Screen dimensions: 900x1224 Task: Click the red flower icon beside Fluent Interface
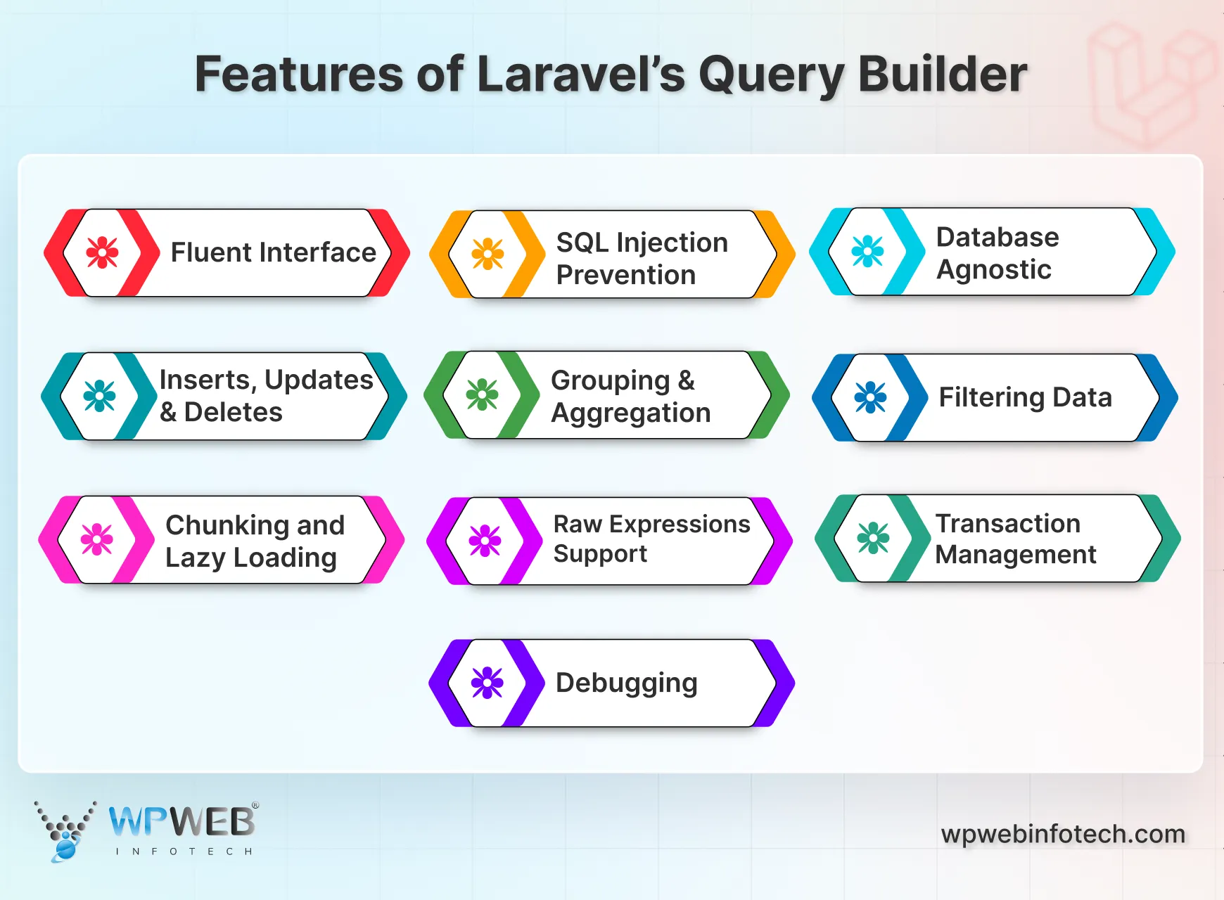click(102, 252)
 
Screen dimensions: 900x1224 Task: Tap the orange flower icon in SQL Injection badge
click(487, 254)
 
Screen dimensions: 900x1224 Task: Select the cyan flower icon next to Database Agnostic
click(867, 251)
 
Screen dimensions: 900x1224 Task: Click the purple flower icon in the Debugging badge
click(487, 682)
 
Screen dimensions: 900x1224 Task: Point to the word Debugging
click(626, 683)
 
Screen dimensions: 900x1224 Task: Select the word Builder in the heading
click(943, 75)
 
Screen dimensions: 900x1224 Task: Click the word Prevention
click(625, 275)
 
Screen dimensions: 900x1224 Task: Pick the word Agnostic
click(993, 270)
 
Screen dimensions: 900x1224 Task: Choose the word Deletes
click(233, 412)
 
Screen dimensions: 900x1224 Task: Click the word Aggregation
click(630, 413)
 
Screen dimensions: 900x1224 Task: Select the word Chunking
click(227, 525)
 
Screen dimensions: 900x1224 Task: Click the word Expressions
click(680, 525)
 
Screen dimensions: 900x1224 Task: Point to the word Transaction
click(1007, 524)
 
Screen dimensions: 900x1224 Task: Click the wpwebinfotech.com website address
click(1062, 834)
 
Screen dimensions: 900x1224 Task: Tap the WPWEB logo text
click(181, 821)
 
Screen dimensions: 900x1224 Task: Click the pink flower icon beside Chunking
click(97, 539)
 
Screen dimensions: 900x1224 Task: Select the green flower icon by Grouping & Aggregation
click(482, 394)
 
